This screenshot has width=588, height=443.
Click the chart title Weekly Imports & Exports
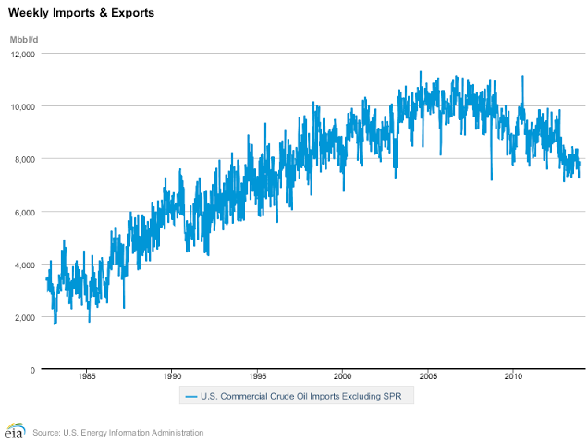[x=81, y=14]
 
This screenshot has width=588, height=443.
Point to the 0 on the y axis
[x=32, y=370]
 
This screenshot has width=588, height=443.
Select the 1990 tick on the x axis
[x=172, y=377]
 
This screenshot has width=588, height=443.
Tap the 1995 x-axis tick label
[x=257, y=377]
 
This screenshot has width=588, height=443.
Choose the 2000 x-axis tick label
[x=343, y=377]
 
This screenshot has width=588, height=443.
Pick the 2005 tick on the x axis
[x=428, y=377]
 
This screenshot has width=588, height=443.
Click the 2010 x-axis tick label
[x=514, y=377]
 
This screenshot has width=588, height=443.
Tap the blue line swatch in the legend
[x=191, y=397]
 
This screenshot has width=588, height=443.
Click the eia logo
[x=13, y=431]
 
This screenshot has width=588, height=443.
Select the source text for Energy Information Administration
[x=116, y=432]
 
